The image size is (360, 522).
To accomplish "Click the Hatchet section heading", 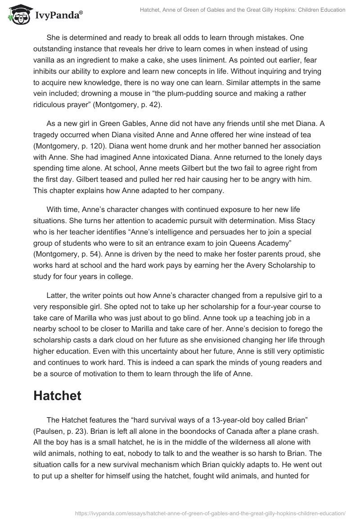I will (x=57, y=396).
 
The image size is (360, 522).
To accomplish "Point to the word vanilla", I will (x=46, y=59).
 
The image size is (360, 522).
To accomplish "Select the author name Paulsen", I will (x=49, y=431).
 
